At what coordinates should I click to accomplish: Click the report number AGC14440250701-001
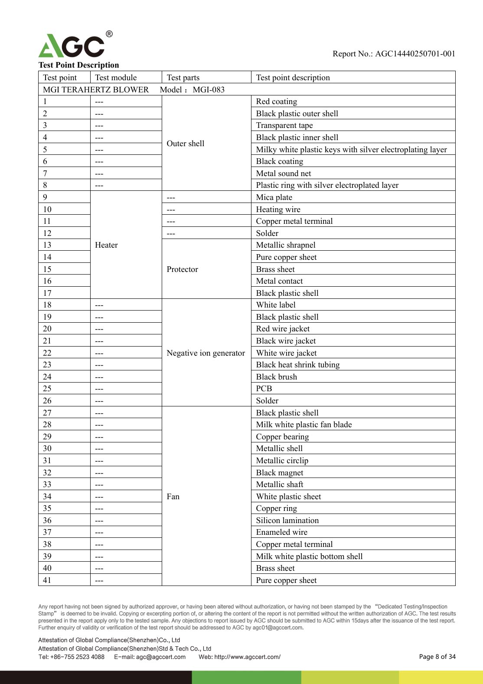click(x=415, y=54)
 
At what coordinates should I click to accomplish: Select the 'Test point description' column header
click(x=293, y=78)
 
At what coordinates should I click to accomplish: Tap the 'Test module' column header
click(x=116, y=78)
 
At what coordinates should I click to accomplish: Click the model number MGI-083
click(x=209, y=90)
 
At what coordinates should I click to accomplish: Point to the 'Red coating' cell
click(x=277, y=101)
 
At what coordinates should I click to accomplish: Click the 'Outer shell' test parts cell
click(x=186, y=144)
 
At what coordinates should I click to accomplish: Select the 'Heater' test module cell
click(x=106, y=245)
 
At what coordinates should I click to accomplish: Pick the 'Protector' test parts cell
click(x=182, y=269)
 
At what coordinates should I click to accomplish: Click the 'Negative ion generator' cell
click(x=206, y=353)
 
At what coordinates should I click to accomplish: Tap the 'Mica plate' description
click(x=274, y=197)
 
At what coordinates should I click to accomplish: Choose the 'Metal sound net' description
click(x=284, y=173)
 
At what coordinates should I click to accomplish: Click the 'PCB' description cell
click(x=264, y=389)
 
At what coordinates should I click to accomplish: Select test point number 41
click(x=47, y=580)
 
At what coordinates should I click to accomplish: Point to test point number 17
click(x=47, y=293)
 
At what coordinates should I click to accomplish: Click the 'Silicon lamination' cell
click(x=287, y=520)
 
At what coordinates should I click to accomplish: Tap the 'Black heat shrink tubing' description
click(x=298, y=365)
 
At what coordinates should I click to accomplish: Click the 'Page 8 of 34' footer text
click(x=437, y=657)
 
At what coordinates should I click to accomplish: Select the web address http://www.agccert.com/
click(x=247, y=657)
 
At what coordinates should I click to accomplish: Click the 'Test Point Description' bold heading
click(x=78, y=65)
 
